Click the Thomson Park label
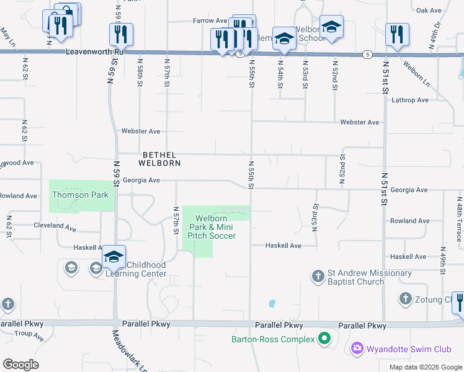[80, 195]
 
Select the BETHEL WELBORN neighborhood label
[161, 159]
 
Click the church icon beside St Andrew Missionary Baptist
[318, 275]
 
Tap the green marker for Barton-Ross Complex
[324, 339]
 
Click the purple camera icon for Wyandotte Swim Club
[357, 348]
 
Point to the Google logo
[21, 364]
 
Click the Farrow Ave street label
[210, 20]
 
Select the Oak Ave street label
[429, 11]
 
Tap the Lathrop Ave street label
[409, 100]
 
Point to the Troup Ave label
[30, 335]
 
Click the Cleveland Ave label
[55, 226]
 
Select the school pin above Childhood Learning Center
[114, 256]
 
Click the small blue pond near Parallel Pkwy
[272, 304]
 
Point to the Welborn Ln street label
[416, 72]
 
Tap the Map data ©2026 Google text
[425, 367]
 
